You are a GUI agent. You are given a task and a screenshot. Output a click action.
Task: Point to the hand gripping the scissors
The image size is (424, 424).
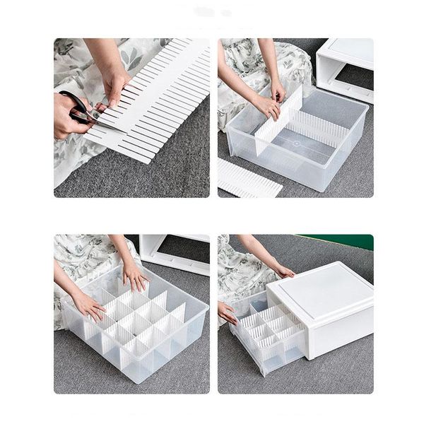tap(67, 117)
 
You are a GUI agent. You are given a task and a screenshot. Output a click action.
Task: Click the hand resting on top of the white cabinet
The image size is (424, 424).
tap(283, 270)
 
